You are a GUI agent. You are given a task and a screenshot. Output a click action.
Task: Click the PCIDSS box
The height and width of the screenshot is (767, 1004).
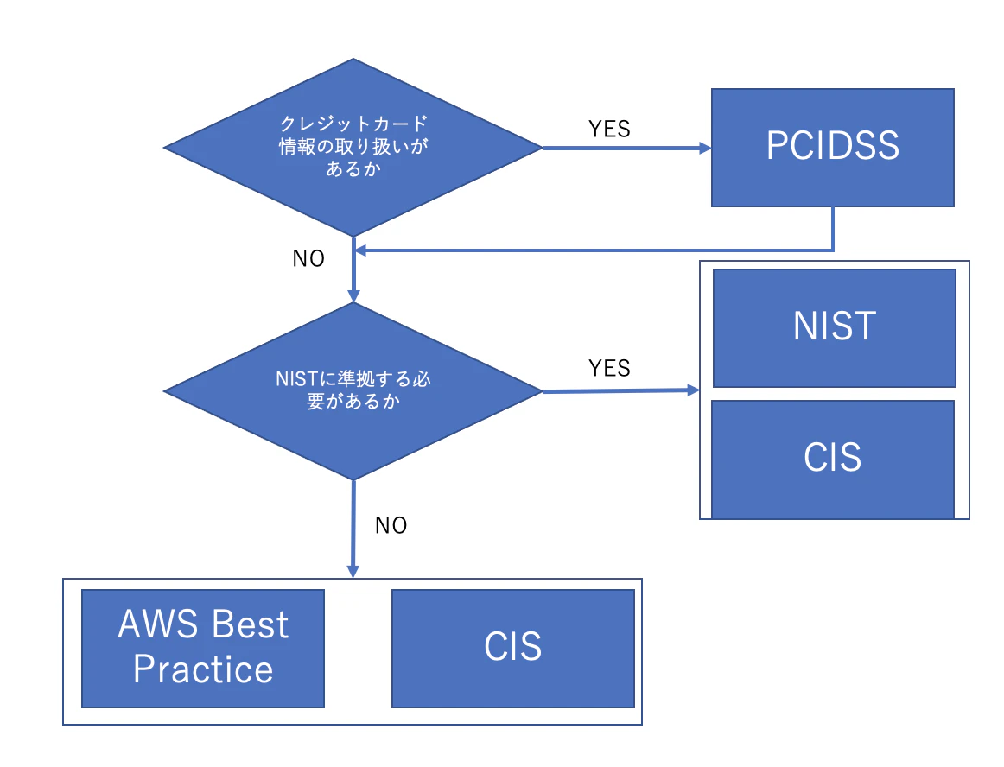832,147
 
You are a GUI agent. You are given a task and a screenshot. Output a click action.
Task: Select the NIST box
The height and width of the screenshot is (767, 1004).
834,327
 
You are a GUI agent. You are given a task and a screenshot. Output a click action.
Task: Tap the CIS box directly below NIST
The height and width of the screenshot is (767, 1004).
833,459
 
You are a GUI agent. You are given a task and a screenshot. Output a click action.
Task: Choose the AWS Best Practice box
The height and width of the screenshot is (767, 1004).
202,648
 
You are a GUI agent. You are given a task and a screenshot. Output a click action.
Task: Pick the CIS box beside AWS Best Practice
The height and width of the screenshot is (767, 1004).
513,648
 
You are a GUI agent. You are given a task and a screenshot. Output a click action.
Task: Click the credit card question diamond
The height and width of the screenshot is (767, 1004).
353,147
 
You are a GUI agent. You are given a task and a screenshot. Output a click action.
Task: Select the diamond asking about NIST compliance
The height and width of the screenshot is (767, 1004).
353,391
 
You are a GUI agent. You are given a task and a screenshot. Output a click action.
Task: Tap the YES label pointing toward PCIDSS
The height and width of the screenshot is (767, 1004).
609,129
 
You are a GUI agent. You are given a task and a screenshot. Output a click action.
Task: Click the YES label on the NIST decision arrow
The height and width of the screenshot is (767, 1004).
609,368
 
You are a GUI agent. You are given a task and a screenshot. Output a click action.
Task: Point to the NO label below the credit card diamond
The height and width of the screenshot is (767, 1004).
308,259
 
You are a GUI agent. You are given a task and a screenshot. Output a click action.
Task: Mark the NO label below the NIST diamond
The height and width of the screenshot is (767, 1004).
391,525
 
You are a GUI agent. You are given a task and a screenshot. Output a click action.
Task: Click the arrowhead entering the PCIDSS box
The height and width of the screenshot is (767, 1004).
704,148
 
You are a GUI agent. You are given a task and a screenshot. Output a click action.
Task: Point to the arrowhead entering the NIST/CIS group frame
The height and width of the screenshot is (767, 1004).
693,390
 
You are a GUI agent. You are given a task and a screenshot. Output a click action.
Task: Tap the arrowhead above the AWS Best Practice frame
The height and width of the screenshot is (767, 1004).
353,571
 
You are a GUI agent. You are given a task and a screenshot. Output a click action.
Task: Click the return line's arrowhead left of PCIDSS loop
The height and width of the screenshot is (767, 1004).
362,250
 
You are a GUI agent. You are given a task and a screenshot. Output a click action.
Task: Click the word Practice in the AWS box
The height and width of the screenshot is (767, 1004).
203,669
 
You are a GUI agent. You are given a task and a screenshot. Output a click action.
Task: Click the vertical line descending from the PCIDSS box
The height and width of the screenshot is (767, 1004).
833,228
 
